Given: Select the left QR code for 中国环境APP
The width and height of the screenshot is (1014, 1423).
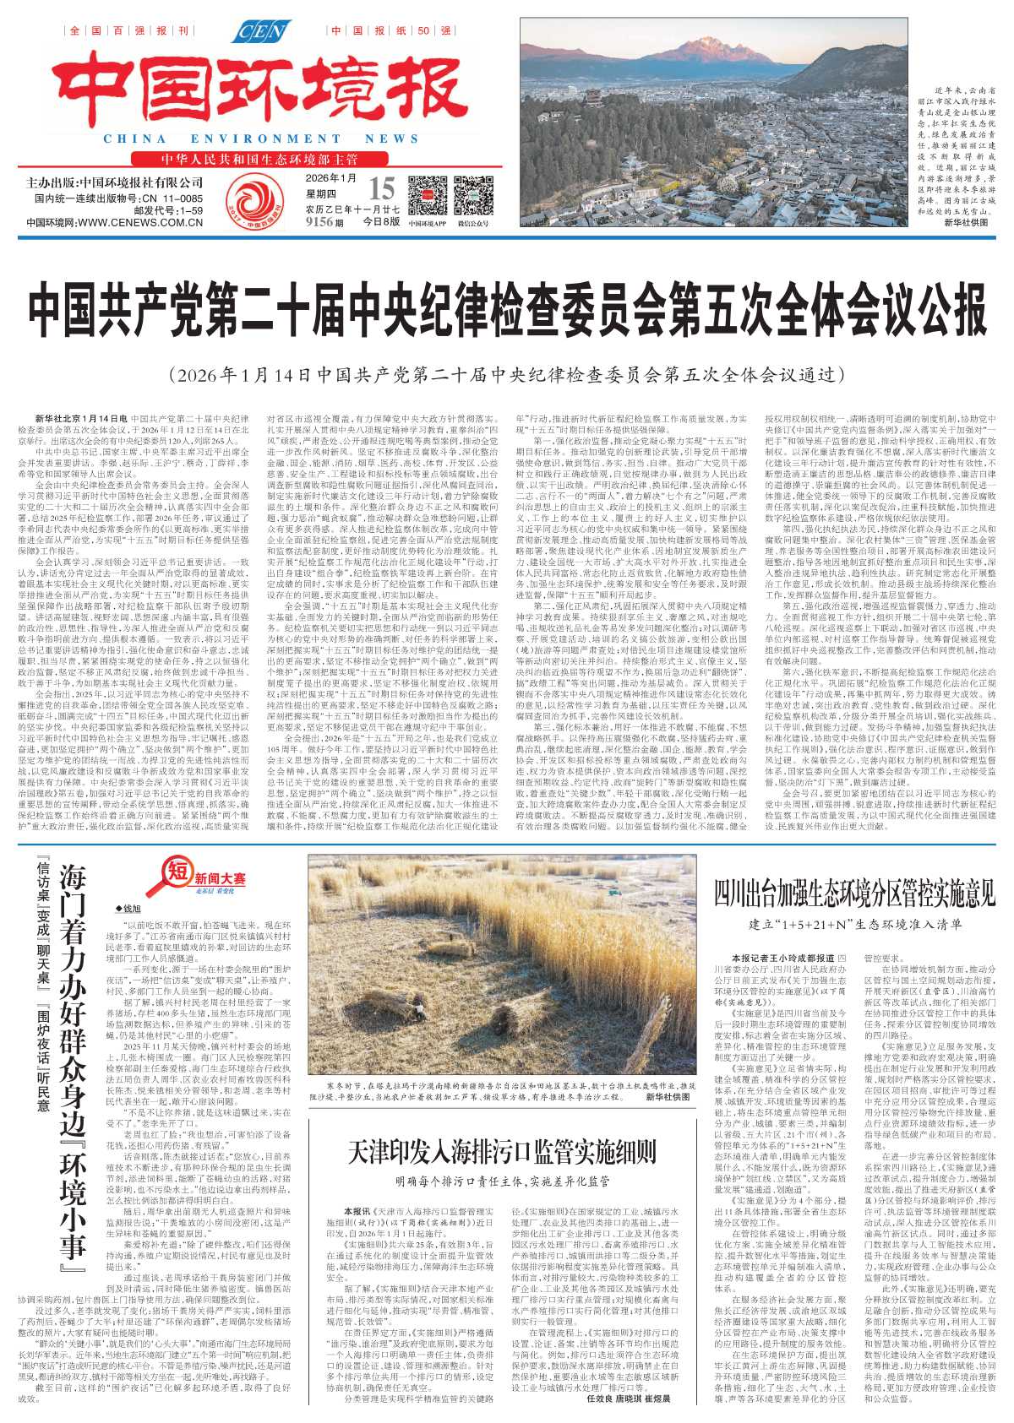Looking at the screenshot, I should (x=427, y=196).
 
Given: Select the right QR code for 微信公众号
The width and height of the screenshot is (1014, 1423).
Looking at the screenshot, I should (x=473, y=196).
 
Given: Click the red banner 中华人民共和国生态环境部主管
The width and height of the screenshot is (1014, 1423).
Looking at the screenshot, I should (x=260, y=160).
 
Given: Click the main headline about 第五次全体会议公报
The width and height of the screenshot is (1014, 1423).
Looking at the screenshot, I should (x=507, y=312).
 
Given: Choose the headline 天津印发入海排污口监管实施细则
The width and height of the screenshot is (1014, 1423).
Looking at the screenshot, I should (x=502, y=1151).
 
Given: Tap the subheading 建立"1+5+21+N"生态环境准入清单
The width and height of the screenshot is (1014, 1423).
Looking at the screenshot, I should (x=855, y=924).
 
